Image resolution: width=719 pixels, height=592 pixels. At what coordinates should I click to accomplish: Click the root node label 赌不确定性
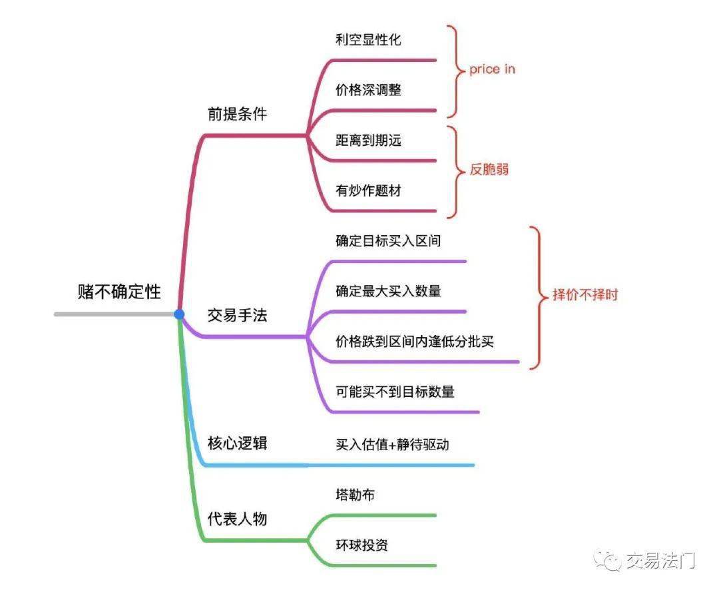pos(119,291)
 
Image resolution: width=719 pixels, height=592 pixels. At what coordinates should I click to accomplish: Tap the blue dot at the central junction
pos(179,314)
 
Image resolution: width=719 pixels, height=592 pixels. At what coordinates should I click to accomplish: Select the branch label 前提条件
pos(237,114)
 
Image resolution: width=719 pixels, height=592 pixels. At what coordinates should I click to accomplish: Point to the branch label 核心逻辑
pos(237,443)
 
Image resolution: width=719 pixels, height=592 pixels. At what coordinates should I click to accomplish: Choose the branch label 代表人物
pos(237,518)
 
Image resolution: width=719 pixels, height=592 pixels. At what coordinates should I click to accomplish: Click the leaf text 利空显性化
pos(368,39)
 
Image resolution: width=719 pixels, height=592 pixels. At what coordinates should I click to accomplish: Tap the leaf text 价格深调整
pos(368,89)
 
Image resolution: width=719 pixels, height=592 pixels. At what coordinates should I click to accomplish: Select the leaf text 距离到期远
pos(368,140)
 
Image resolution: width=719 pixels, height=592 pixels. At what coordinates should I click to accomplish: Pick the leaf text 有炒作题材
pos(368,190)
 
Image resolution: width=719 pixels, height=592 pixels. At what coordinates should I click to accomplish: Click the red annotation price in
pos(492,69)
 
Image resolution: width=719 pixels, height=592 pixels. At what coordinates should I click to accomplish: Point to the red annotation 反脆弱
pos(489,169)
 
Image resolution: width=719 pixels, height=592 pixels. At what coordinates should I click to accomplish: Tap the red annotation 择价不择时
pos(585,294)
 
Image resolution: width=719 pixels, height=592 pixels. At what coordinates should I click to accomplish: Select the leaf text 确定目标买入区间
pos(387,240)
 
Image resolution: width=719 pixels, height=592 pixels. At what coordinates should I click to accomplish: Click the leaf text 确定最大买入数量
pos(387,291)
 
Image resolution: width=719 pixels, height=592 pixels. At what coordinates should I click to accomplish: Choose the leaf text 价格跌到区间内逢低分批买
pos(414,342)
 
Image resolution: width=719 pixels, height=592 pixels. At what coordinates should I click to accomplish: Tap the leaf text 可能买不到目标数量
pos(395,392)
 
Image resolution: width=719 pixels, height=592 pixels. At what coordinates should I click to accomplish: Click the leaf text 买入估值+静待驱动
pos(392,444)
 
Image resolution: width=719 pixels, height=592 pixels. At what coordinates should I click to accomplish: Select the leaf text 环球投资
pos(361,545)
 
